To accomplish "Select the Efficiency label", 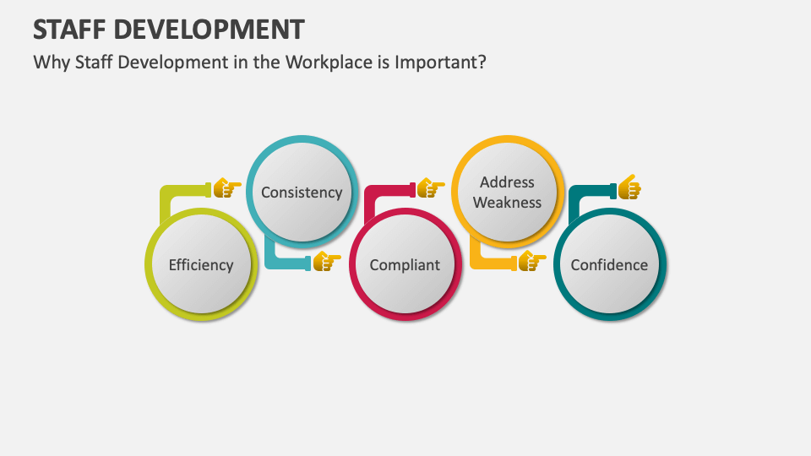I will click(x=200, y=264).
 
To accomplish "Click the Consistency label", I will click(x=302, y=192).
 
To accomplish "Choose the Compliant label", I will click(x=405, y=264).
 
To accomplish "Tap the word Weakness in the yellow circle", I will click(x=507, y=203).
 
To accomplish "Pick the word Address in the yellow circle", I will click(x=507, y=182).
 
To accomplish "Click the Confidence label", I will click(x=609, y=264).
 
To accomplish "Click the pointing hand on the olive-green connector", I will click(x=226, y=187).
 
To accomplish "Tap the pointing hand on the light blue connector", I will click(x=325, y=262).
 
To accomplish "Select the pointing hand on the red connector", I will click(x=430, y=187).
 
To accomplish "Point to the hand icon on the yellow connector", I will click(x=531, y=262).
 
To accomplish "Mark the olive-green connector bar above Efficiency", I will click(x=182, y=191).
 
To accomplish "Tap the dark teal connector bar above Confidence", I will click(x=590, y=191).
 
